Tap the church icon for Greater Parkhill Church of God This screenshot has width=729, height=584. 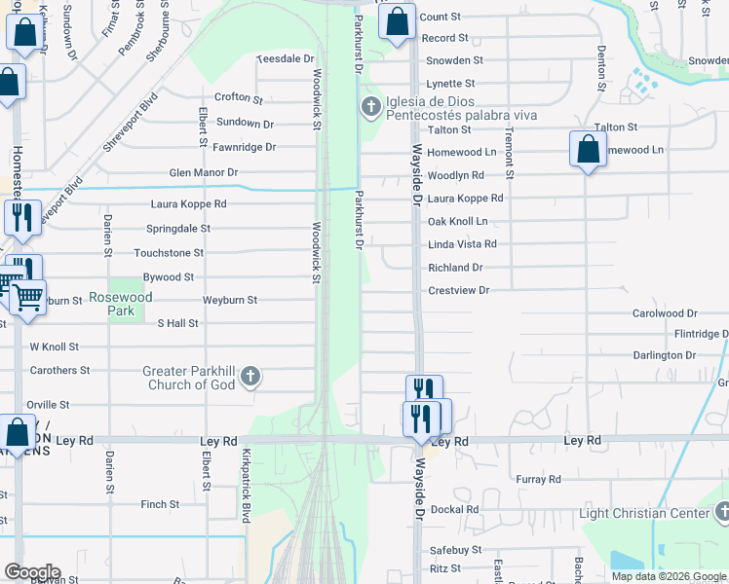[x=250, y=376]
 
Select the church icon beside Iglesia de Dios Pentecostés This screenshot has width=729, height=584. [x=370, y=106]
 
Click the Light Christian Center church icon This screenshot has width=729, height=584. [x=721, y=510]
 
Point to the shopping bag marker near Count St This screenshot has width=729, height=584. [x=397, y=22]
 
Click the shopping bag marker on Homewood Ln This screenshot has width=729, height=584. [x=587, y=150]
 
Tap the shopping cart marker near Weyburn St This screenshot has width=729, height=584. [x=28, y=296]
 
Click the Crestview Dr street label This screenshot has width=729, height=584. [x=458, y=291]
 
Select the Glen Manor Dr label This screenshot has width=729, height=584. [x=203, y=173]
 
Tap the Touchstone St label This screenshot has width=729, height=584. [x=169, y=253]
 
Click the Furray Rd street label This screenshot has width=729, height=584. [x=539, y=480]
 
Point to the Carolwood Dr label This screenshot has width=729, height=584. [x=665, y=314]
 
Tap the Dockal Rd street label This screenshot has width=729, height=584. [x=453, y=510]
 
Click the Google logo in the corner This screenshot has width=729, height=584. [x=32, y=572]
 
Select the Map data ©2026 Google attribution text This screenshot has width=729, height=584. [x=668, y=576]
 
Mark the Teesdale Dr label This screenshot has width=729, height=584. [x=282, y=59]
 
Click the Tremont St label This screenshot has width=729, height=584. [x=508, y=155]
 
